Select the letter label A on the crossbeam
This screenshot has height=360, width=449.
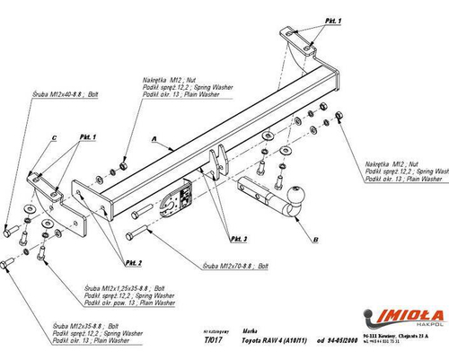pos(155,139)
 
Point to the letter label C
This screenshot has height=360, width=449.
pos(54,136)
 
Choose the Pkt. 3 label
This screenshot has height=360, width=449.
pos(238,239)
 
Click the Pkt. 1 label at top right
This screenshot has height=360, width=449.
pos(306,19)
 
